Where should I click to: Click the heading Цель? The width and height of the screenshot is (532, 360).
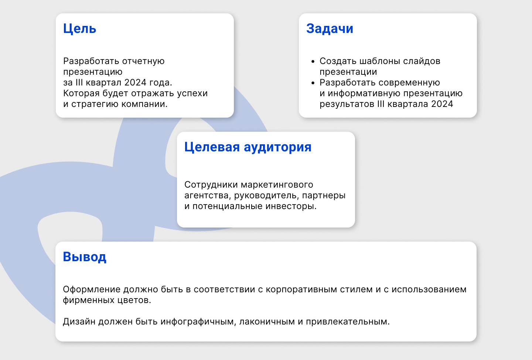coord(79,28)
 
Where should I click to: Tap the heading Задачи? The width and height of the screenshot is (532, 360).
coord(330,28)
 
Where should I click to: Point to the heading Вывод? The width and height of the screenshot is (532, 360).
coord(85,257)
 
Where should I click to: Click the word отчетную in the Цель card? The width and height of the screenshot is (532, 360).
coord(143,61)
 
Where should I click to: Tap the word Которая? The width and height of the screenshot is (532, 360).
coord(79,93)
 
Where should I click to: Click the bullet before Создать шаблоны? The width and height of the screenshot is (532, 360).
coord(313,61)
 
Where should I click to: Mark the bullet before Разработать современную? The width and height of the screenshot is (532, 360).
coord(313,83)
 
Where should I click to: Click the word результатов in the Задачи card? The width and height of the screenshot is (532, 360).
coord(347,104)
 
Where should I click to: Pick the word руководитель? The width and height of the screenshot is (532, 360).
coord(267,195)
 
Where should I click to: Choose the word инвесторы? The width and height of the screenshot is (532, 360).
coord(295,206)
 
